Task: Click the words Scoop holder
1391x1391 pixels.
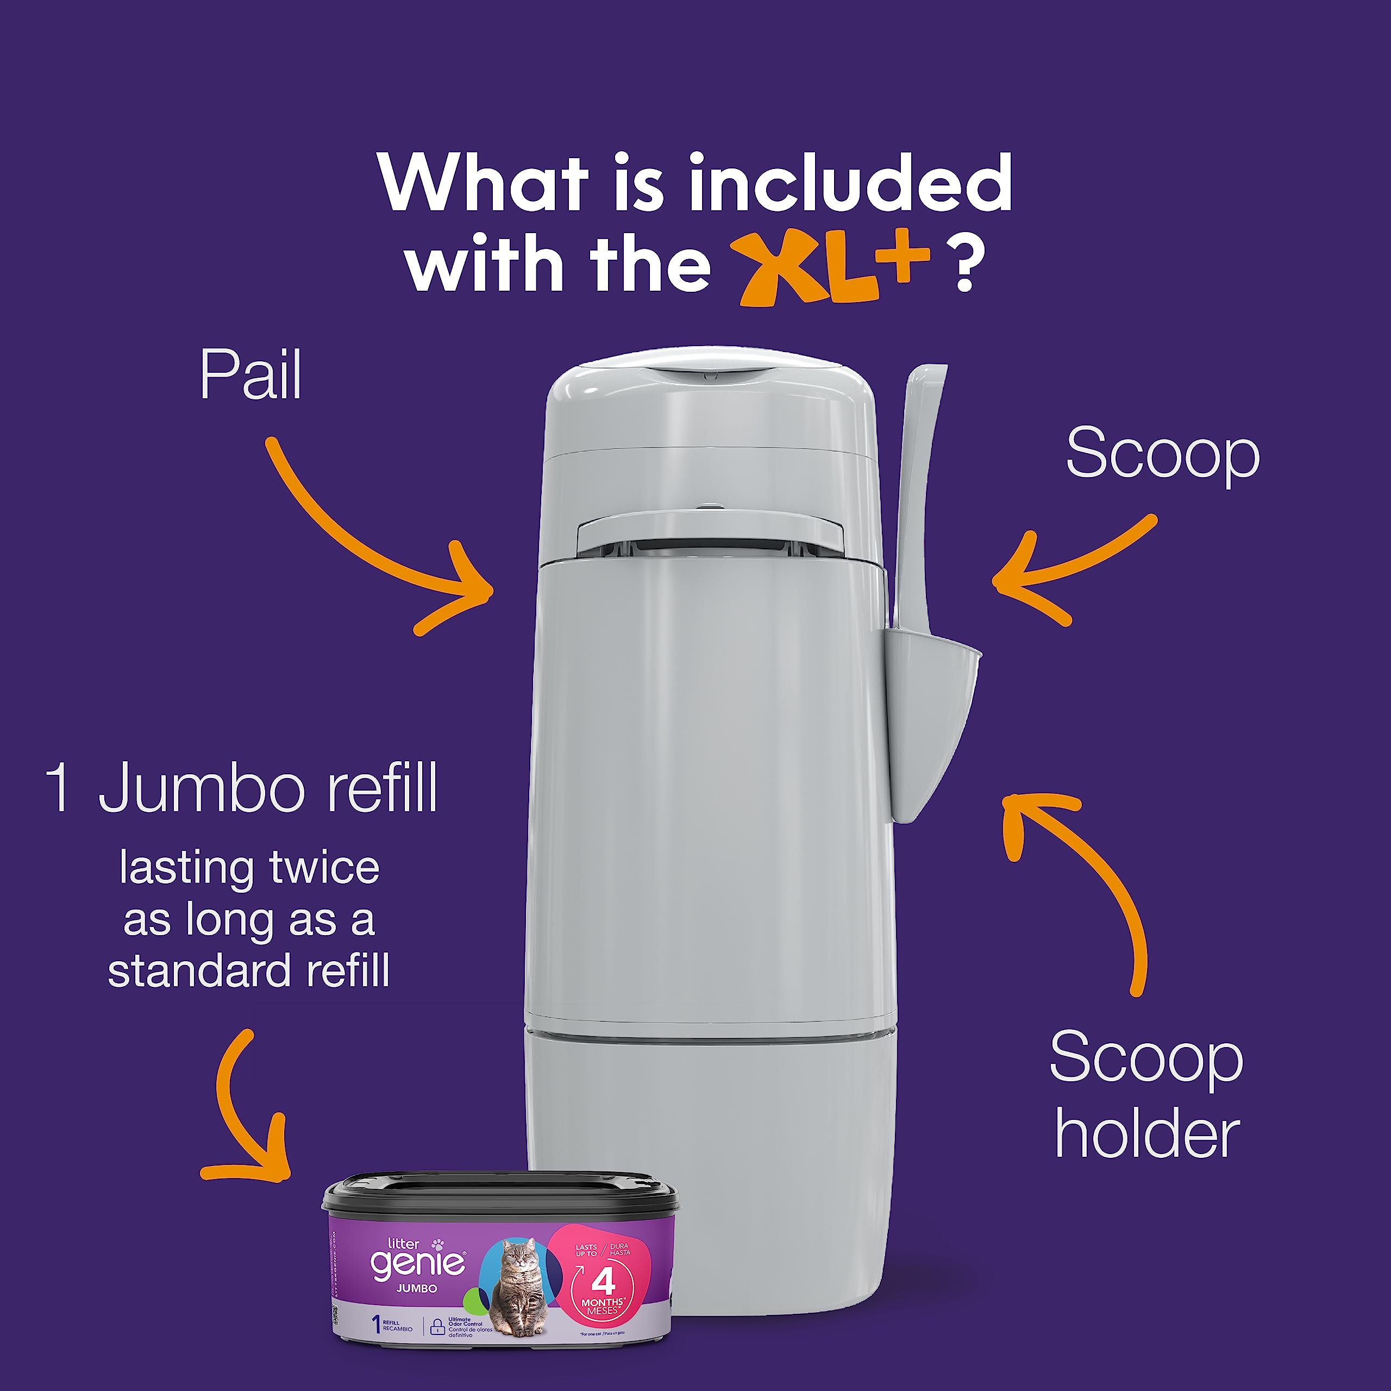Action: [x=1146, y=1095]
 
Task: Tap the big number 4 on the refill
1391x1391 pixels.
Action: [x=603, y=1282]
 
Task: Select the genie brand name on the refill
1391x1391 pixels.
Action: [x=418, y=1263]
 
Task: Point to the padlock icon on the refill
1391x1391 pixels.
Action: [x=436, y=1327]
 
